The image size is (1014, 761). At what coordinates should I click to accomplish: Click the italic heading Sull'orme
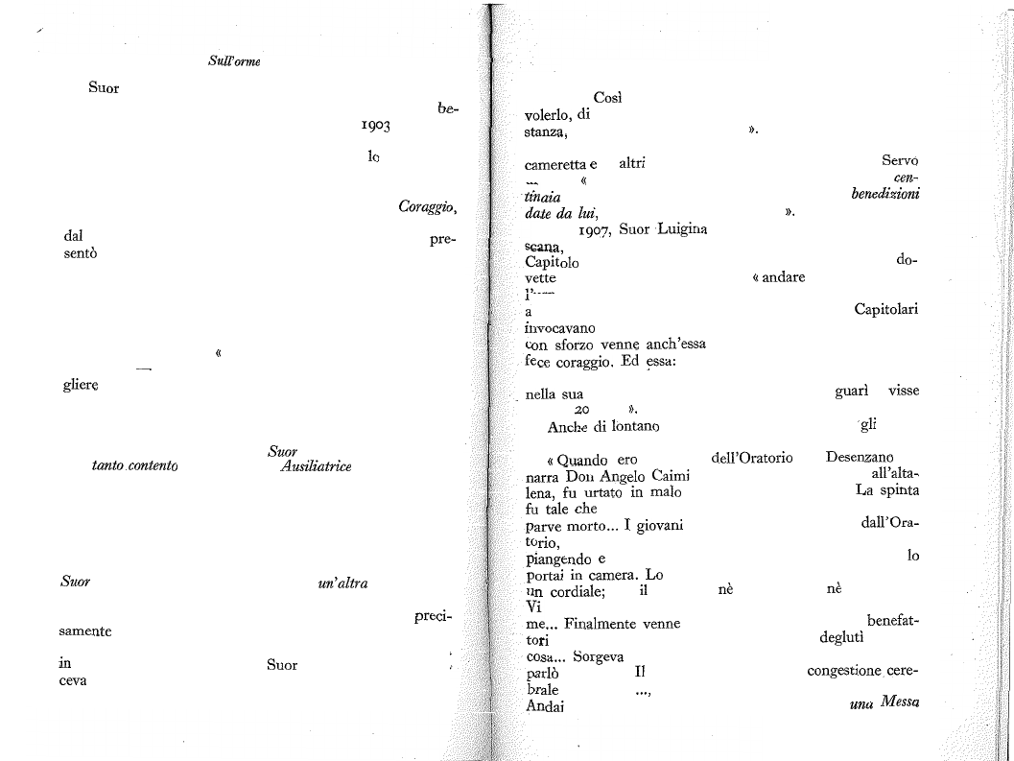coord(234,61)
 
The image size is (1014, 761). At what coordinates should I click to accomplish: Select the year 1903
coord(376,125)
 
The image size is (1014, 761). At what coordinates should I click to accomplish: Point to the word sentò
coord(81,253)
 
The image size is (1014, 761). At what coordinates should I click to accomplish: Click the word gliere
coord(81,385)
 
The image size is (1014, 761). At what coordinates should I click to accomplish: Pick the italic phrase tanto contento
coord(135,466)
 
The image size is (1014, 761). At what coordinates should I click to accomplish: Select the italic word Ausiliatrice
coord(317,466)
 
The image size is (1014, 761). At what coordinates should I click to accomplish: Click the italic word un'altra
coord(342,583)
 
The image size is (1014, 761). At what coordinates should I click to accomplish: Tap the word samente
coord(84,631)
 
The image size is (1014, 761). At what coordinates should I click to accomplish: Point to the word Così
coord(607,98)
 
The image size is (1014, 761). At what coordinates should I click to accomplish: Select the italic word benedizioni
coord(885,194)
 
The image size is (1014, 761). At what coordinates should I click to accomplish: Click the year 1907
coord(594,229)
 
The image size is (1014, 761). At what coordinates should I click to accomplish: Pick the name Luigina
coord(682,229)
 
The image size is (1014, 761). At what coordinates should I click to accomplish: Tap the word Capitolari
coord(886,309)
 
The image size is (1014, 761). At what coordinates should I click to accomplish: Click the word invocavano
coord(559,328)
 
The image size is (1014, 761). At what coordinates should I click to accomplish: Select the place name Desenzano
coord(860,458)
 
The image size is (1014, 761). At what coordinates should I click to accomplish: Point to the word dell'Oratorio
coord(752,458)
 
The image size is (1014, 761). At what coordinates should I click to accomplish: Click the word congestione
coord(844,671)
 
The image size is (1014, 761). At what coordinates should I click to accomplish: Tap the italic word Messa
coord(900,702)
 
